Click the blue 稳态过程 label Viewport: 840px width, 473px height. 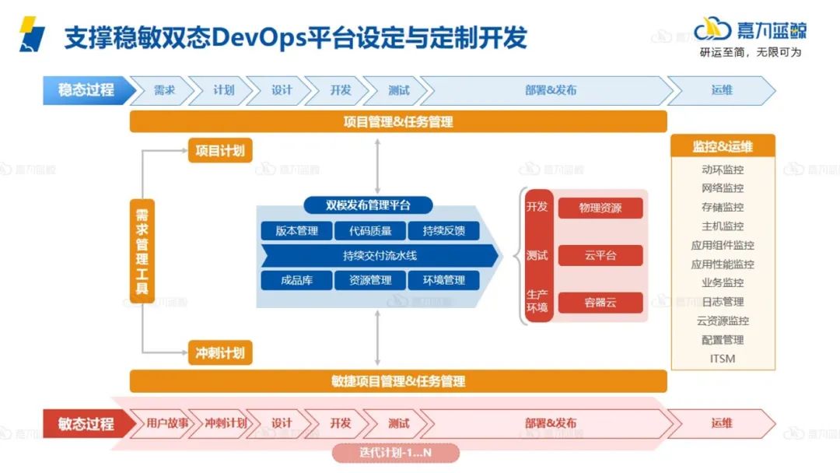(x=86, y=89)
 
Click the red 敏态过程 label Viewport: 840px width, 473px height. (x=86, y=424)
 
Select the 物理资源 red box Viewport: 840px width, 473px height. (x=600, y=208)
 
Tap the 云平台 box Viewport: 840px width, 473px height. (x=600, y=255)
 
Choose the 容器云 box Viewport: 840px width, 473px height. (x=600, y=303)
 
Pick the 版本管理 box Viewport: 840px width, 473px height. (x=296, y=231)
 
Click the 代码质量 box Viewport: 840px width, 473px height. (x=370, y=231)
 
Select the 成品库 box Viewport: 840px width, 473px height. (x=296, y=280)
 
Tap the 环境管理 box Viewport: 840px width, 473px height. (x=444, y=280)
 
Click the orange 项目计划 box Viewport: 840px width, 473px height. (x=221, y=151)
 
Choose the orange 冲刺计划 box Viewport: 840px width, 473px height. (x=221, y=353)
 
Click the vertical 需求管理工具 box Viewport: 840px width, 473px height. (x=142, y=251)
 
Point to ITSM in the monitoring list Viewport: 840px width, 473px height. (x=723, y=359)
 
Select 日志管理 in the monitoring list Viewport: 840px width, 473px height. (x=723, y=302)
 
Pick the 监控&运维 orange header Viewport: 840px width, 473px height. (x=723, y=146)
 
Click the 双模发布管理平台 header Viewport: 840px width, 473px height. (x=368, y=205)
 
